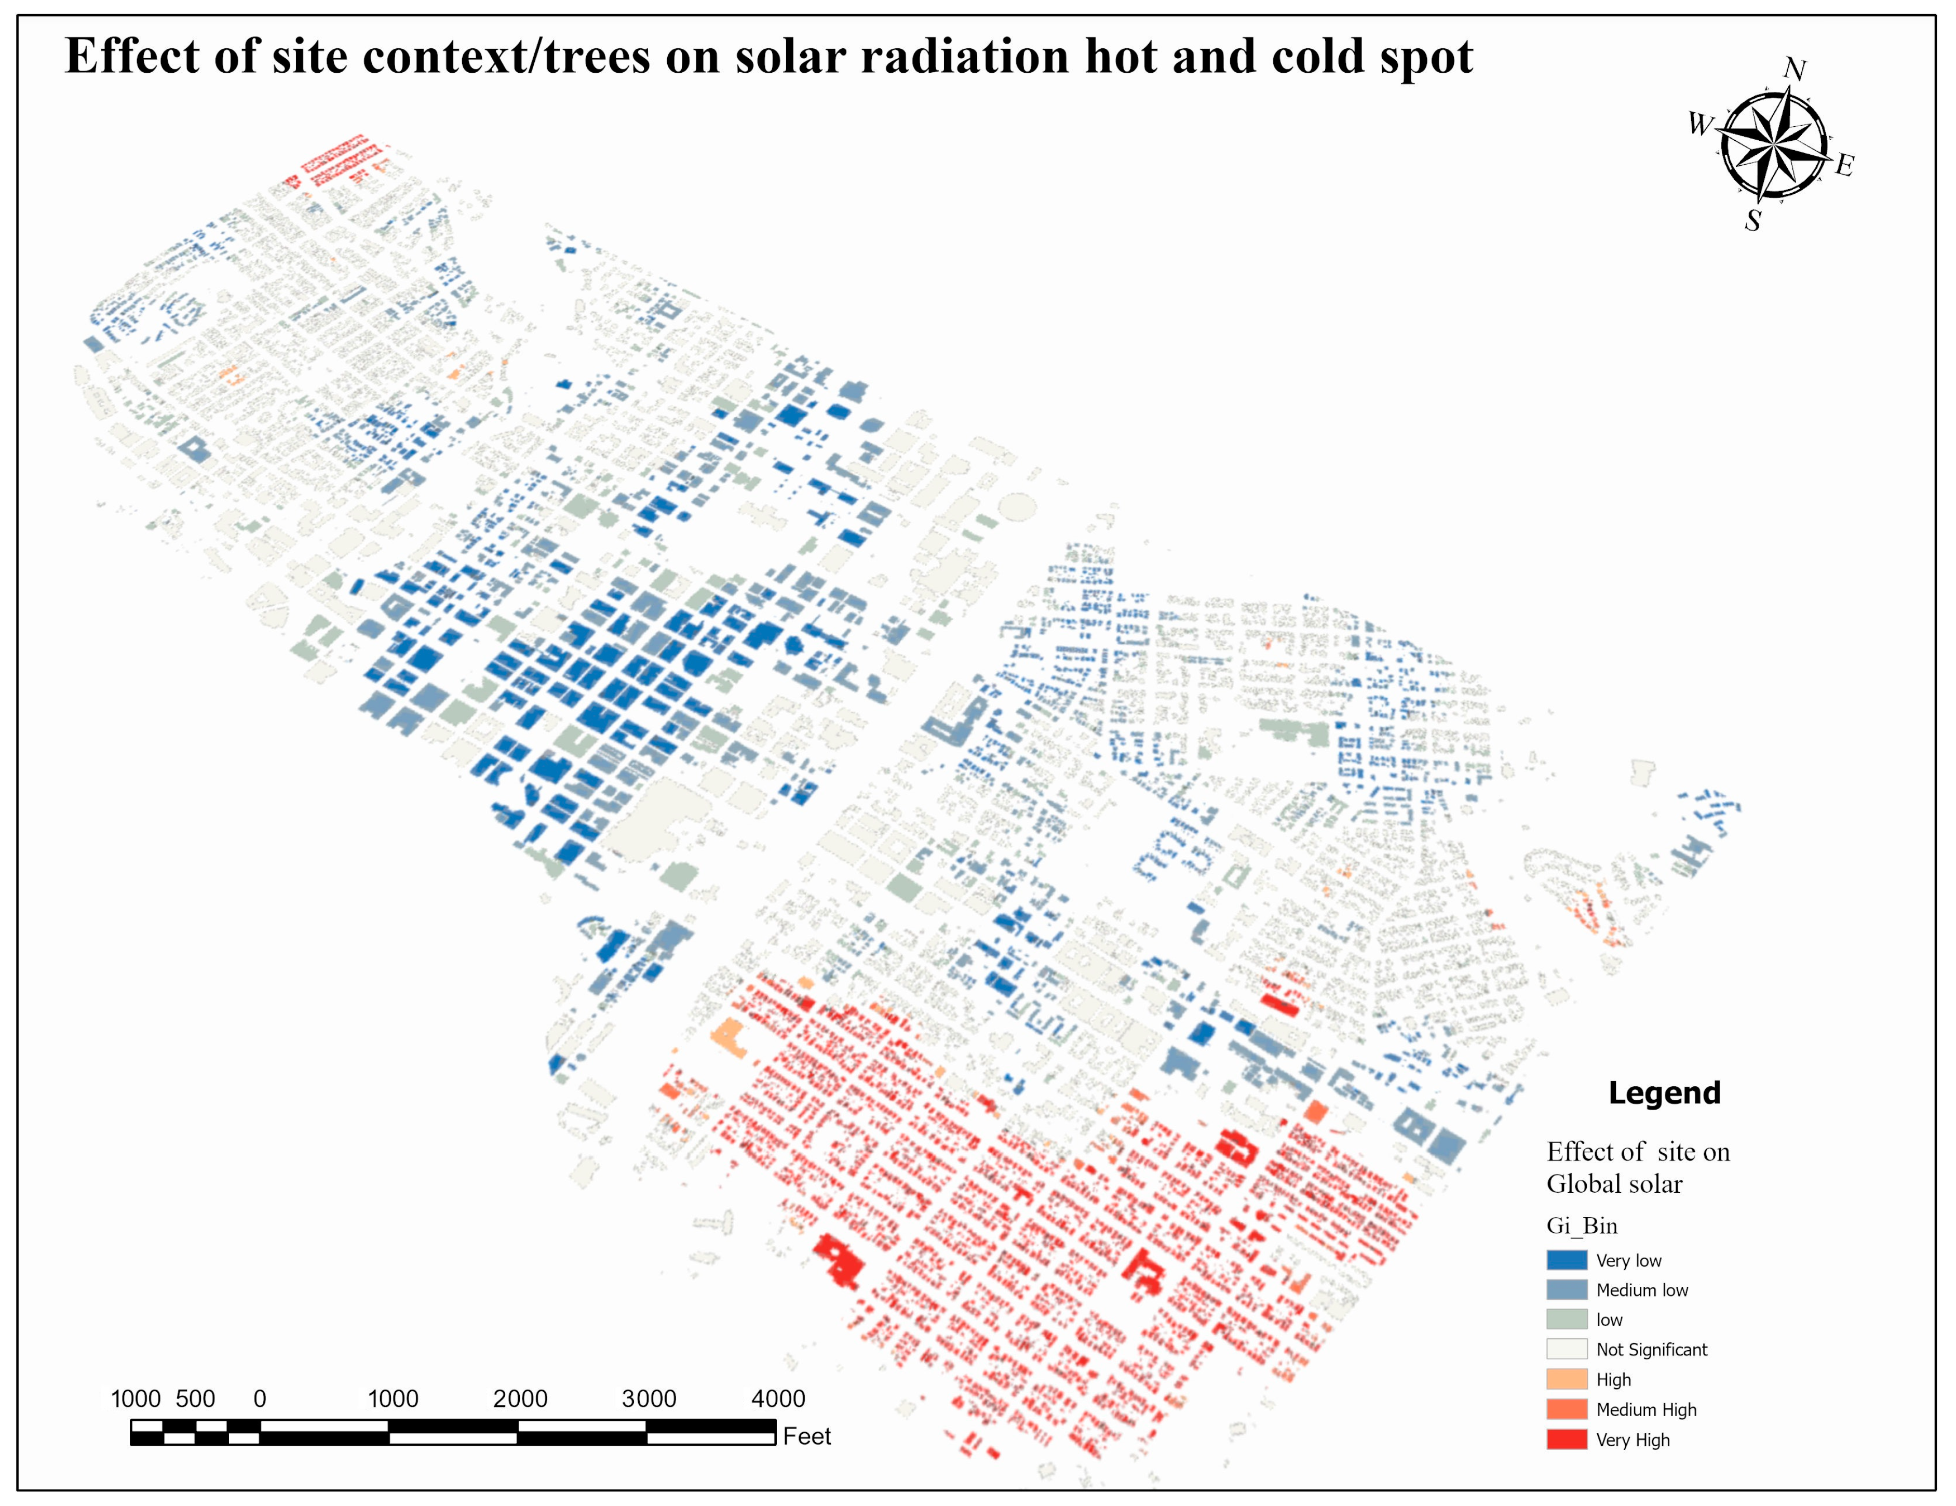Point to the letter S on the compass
(x=1752, y=220)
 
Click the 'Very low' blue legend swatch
(x=1567, y=1260)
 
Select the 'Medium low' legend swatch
(x=1567, y=1289)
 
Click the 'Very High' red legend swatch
(x=1567, y=1439)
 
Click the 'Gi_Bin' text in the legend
(x=1582, y=1225)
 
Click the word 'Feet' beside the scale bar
(x=806, y=1436)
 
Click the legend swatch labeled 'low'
(x=1567, y=1319)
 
